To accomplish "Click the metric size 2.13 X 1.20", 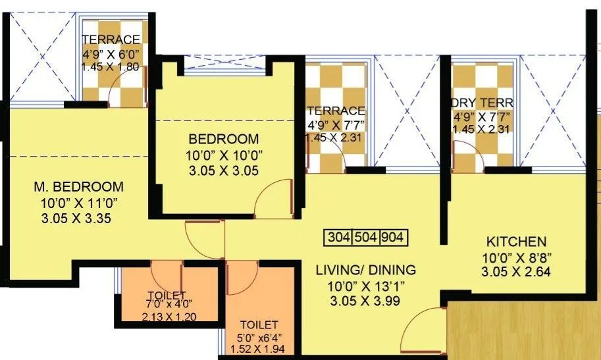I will tap(168, 317).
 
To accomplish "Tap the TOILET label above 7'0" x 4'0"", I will tap(167, 295).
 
